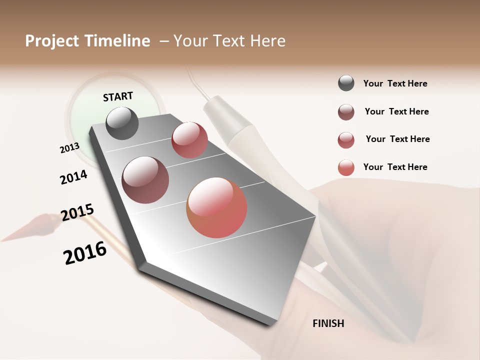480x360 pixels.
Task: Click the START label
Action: click(118, 96)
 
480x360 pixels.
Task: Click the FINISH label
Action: click(328, 323)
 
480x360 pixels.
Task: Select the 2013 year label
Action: click(69, 148)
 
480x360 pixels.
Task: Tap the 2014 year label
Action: click(73, 177)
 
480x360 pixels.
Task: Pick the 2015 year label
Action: click(77, 212)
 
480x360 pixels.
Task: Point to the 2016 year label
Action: click(85, 253)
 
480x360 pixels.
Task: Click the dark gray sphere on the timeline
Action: click(122, 123)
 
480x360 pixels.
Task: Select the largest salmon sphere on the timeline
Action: click(216, 207)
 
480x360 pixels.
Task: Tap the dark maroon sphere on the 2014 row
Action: click(145, 180)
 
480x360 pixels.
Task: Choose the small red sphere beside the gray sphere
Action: click(189, 140)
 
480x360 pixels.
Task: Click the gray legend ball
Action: click(346, 83)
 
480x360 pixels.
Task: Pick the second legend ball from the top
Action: click(346, 112)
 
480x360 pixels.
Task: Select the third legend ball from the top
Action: click(346, 140)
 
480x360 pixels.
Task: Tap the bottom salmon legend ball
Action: click(346, 167)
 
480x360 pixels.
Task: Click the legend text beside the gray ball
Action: click(395, 83)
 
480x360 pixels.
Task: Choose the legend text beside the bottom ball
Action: click(395, 167)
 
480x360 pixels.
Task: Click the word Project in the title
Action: click(52, 41)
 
